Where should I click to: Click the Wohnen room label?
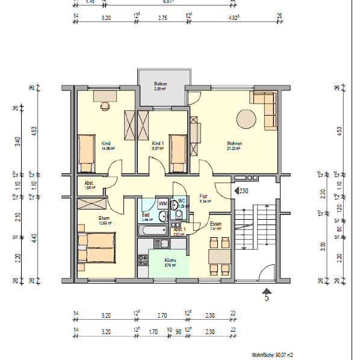pos(234,144)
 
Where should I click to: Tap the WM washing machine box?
pos(163,204)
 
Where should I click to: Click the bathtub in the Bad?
pos(152,231)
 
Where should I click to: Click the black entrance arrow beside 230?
pos(235,191)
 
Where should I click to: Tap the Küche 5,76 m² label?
pos(170,262)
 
